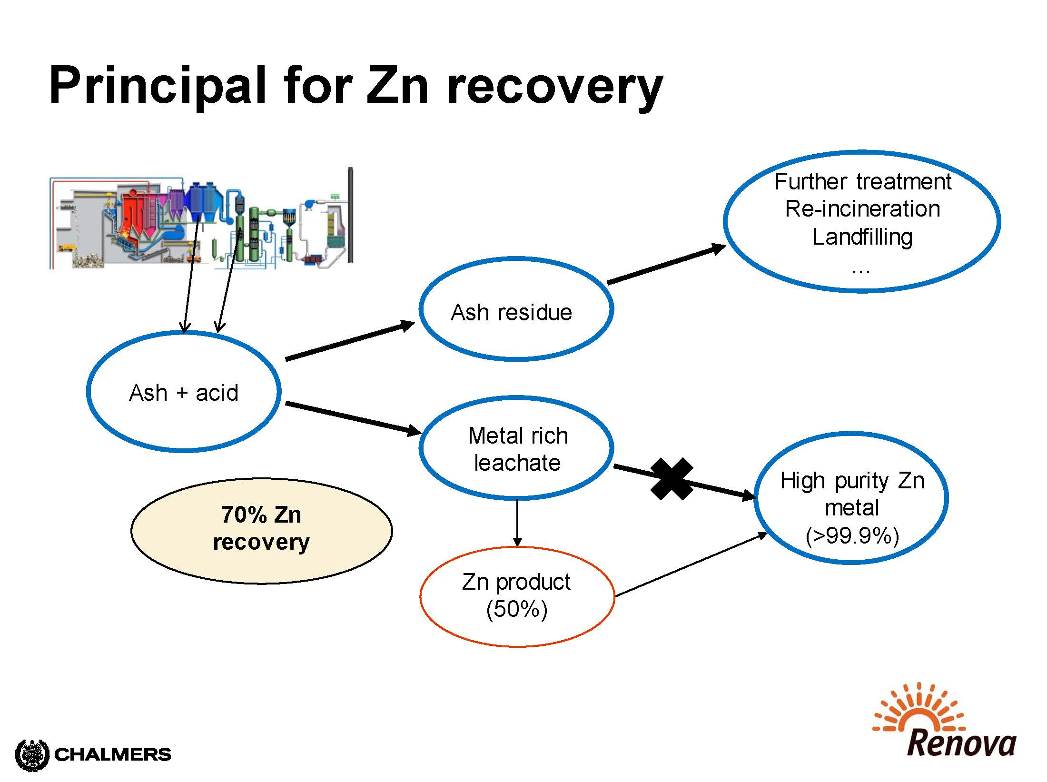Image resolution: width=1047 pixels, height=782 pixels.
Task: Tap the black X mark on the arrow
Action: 672,479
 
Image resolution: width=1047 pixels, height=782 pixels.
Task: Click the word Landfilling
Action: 862,237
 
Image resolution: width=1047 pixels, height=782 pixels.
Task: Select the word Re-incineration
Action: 862,208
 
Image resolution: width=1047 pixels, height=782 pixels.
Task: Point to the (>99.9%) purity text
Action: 852,536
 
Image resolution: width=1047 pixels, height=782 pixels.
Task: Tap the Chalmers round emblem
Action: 32,755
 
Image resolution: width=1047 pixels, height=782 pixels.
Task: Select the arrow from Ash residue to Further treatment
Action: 666,264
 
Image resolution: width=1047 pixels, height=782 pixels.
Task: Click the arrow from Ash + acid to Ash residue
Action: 350,341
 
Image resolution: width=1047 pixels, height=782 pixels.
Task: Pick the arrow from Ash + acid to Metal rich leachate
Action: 353,418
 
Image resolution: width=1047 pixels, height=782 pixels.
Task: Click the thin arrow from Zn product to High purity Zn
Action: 691,564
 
